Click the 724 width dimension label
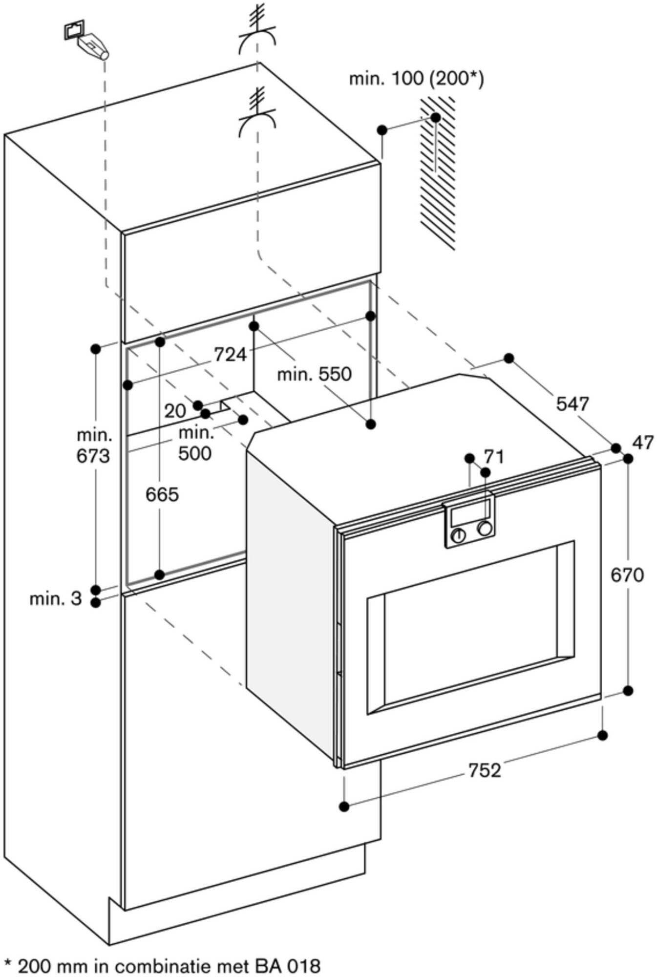click(x=230, y=354)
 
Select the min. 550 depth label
click(x=314, y=374)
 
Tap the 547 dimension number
click(x=572, y=404)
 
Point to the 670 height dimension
click(x=627, y=575)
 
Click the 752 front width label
click(x=485, y=770)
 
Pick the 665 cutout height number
click(x=162, y=495)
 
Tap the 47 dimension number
click(x=642, y=443)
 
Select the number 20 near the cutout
click(x=175, y=411)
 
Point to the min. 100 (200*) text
click(x=416, y=79)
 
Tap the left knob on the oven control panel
click(x=458, y=535)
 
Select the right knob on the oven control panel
click(x=485, y=528)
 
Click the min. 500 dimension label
click(x=195, y=443)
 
